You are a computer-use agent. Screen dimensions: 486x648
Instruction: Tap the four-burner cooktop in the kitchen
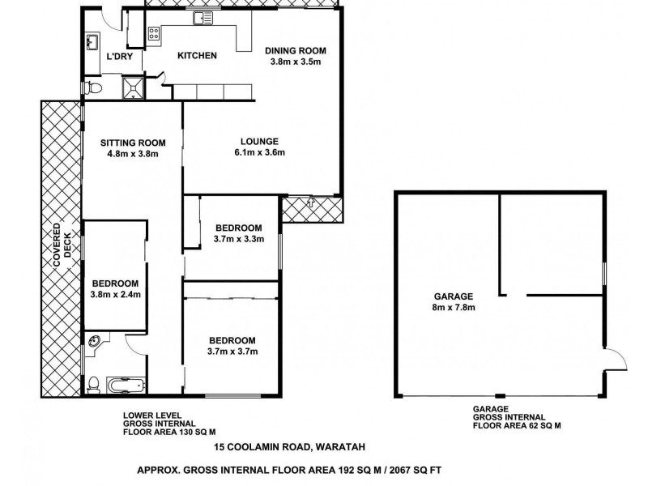[152, 34]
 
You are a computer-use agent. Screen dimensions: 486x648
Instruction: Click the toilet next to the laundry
[94, 86]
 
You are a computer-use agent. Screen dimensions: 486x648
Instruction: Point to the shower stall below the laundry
[130, 87]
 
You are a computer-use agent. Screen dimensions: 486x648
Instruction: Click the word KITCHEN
[198, 56]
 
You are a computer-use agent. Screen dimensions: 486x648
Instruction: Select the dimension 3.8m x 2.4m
[116, 294]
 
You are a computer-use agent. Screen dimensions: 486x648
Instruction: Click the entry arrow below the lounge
[312, 203]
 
